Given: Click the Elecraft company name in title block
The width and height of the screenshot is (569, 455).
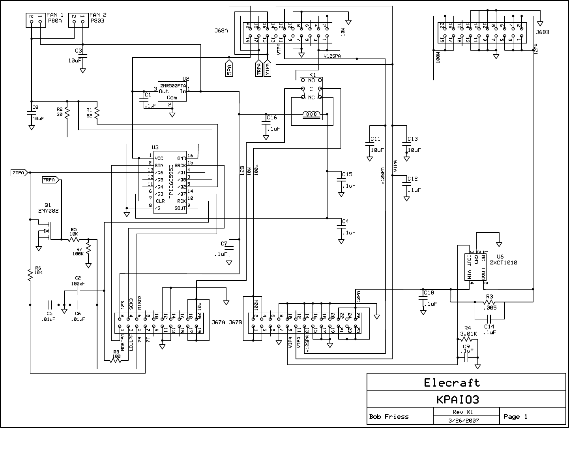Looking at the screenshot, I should tap(452, 383).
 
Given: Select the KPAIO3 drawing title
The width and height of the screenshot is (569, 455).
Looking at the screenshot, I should tap(458, 400).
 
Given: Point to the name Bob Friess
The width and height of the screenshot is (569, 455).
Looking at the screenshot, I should tap(389, 417).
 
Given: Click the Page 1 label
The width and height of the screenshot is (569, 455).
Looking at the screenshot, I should tap(515, 417).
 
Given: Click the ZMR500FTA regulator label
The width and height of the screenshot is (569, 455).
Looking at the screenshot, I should tap(172, 85).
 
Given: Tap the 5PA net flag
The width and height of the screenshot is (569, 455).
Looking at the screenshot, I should tap(229, 69).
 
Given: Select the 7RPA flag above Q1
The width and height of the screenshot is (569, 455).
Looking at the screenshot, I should tap(50, 180).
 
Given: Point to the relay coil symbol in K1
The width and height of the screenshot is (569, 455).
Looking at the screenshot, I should tap(311, 115).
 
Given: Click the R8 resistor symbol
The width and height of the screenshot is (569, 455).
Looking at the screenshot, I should tap(116, 361).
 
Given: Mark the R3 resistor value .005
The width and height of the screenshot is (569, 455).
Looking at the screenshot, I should tap(490, 308).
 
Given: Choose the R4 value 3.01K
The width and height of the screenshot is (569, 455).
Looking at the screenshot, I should tap(468, 333).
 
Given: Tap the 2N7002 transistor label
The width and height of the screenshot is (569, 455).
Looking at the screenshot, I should tap(49, 211).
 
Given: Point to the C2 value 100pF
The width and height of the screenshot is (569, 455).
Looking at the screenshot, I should tap(78, 283).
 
